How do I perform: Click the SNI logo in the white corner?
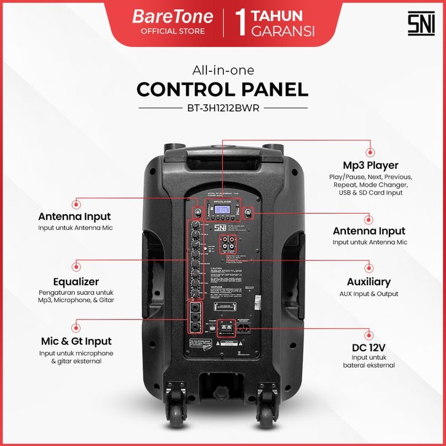pyautogui.click(x=421, y=23)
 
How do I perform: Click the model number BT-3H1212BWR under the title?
pyautogui.click(x=223, y=108)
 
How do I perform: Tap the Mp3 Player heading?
pyautogui.click(x=370, y=165)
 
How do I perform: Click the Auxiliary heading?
pyautogui.click(x=369, y=282)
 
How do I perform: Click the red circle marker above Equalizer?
pyautogui.click(x=76, y=265)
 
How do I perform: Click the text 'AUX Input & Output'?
pyautogui.click(x=369, y=294)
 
